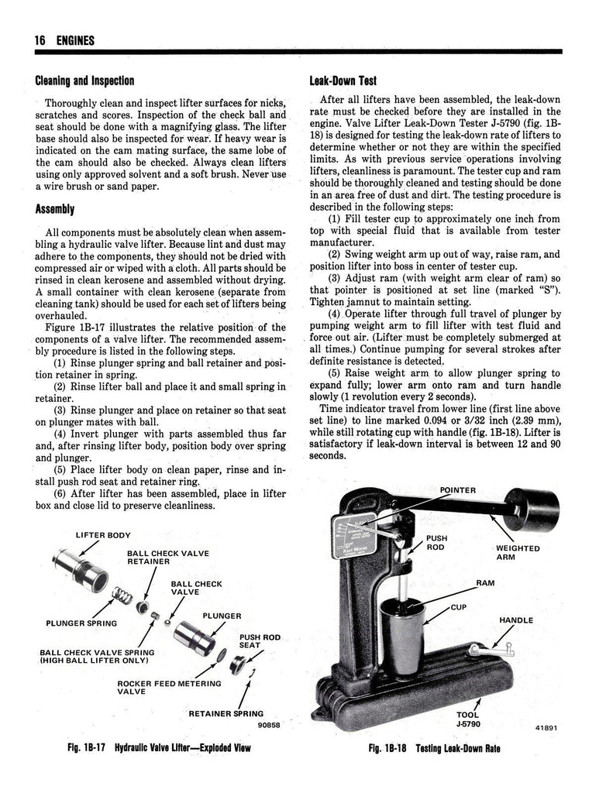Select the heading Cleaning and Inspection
[84, 81]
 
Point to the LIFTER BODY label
[103, 535]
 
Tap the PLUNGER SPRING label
[81, 623]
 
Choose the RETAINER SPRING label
[226, 713]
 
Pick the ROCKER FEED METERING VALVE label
[169, 688]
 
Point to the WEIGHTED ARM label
[517, 552]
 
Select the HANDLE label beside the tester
[516, 620]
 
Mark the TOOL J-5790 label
[467, 719]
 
